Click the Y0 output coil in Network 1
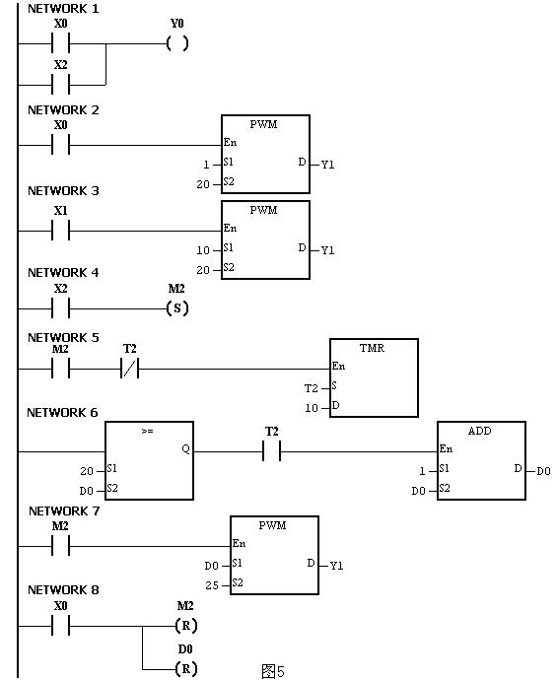click(177, 43)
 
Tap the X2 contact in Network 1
click(61, 84)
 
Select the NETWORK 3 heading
click(63, 191)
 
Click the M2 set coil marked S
click(177, 308)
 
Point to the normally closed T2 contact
click(130, 369)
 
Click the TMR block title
click(373, 348)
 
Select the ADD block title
click(480, 431)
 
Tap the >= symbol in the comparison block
click(148, 431)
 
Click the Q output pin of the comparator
click(186, 449)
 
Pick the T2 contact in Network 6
click(271, 451)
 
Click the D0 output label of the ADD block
click(543, 471)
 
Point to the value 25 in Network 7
click(212, 585)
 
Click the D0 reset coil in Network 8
click(186, 668)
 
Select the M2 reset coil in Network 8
click(186, 626)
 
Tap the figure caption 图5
click(273, 671)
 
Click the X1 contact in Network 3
click(61, 231)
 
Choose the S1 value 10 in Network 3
click(203, 250)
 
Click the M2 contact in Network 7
click(61, 546)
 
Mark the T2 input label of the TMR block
click(312, 388)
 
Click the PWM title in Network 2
click(264, 124)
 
